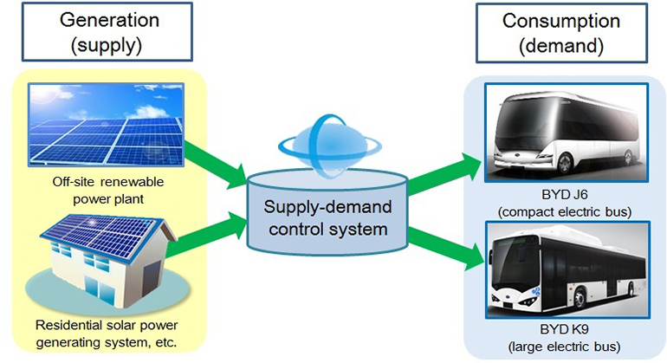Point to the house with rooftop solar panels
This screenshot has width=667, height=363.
coord(102,264)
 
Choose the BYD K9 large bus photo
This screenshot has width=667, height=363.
coord(564,271)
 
